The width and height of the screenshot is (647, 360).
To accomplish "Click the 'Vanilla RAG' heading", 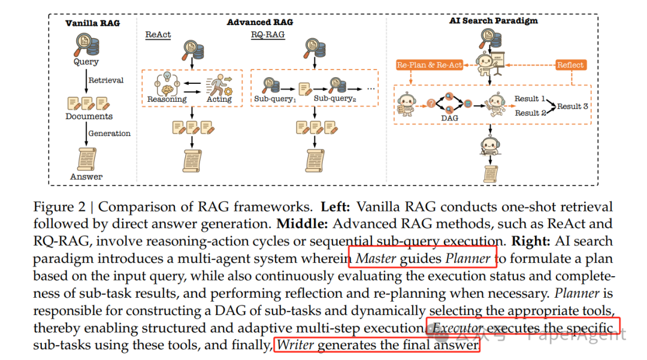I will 92,23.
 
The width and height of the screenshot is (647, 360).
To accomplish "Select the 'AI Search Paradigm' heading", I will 493,20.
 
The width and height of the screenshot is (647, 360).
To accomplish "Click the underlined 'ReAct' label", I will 158,35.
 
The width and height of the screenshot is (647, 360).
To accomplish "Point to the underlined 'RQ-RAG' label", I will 268,35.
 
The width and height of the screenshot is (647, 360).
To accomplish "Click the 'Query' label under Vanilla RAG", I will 86,62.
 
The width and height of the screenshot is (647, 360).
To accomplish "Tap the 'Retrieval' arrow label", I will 106,80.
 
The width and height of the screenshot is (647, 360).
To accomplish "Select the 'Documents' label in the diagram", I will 89,116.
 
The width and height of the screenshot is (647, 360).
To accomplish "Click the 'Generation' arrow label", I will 109,134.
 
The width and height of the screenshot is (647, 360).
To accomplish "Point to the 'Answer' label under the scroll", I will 86,177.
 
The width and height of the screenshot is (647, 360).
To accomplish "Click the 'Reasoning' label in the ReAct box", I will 167,99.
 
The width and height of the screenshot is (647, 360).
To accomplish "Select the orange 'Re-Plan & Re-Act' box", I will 430,65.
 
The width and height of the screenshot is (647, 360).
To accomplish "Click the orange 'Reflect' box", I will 570,65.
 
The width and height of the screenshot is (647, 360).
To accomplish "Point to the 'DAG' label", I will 449,118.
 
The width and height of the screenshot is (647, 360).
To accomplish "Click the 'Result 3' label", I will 572,107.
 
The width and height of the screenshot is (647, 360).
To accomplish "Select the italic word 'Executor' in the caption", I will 457,328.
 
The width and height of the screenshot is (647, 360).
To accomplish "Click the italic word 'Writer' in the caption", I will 295,345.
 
